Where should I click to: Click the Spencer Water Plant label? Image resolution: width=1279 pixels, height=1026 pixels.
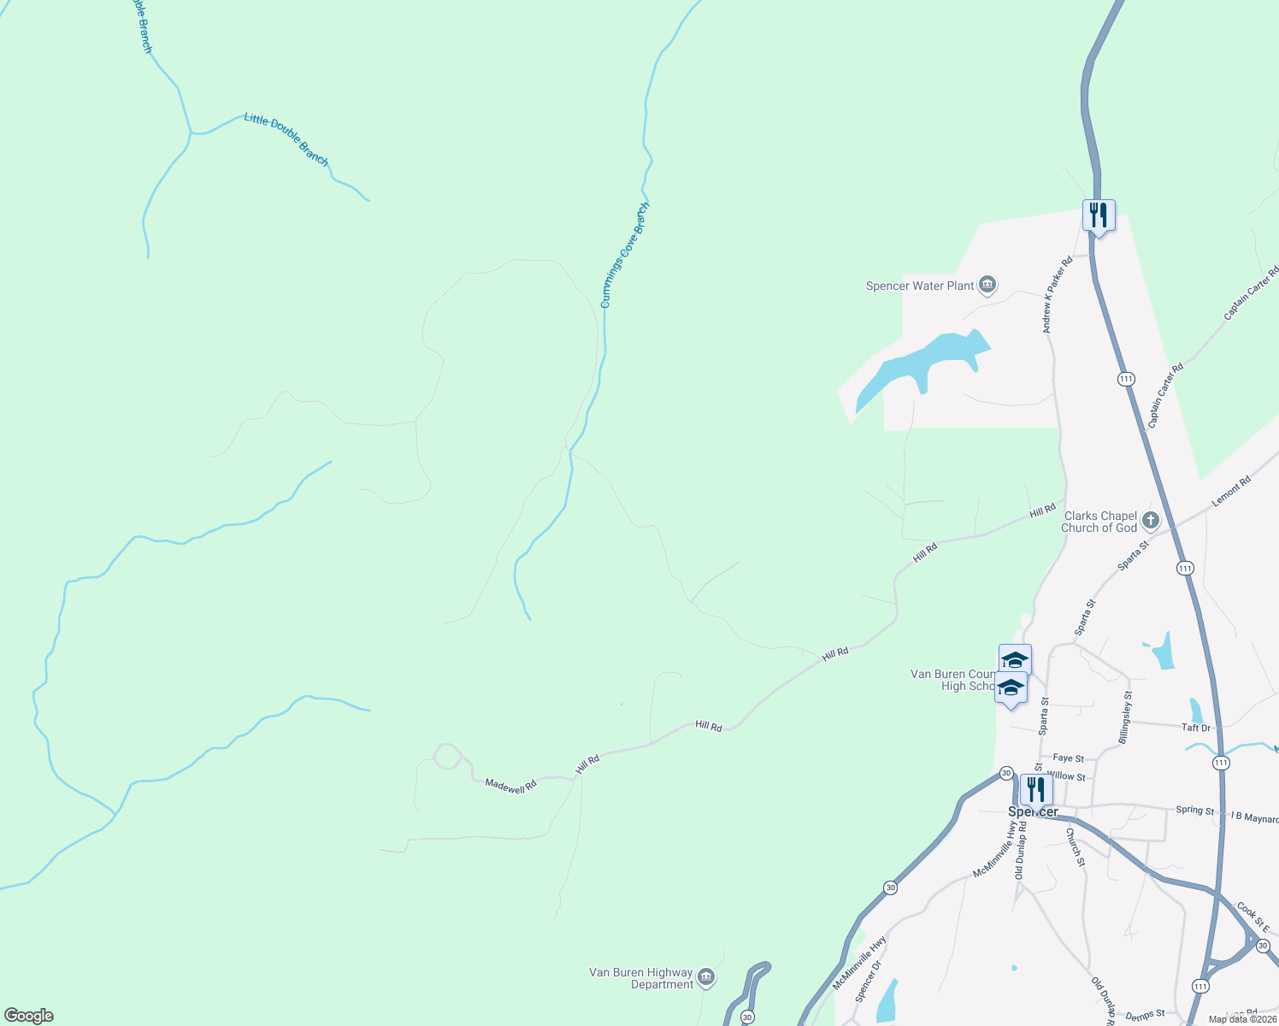coord(920,286)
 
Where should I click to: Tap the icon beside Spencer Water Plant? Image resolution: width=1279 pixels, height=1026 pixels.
coord(987,285)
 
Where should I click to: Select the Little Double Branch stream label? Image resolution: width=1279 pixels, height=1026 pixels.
coord(286,139)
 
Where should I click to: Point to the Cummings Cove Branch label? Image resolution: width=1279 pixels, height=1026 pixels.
coord(624,255)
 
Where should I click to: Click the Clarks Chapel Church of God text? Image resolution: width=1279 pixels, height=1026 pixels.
coord(1099,522)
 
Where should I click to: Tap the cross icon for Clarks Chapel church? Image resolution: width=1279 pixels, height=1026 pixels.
coord(1151,520)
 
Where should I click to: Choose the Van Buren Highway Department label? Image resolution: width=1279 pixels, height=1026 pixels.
coord(640,978)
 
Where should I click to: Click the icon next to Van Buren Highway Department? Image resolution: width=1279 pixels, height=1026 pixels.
coord(705,977)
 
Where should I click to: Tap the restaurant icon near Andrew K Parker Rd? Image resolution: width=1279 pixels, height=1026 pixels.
coord(1099,215)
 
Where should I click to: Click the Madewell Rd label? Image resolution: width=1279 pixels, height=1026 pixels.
coord(510,785)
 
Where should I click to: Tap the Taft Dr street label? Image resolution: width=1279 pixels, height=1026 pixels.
coord(1195,728)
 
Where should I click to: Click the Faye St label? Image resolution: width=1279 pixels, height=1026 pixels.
coord(1068,758)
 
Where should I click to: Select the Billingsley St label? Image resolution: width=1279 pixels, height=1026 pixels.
coord(1128,717)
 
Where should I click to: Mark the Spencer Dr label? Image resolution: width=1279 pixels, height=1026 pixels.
coord(867,980)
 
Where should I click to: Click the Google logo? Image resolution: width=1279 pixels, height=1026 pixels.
coord(28,1016)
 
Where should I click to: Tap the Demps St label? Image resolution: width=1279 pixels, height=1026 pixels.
coord(1145,1015)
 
